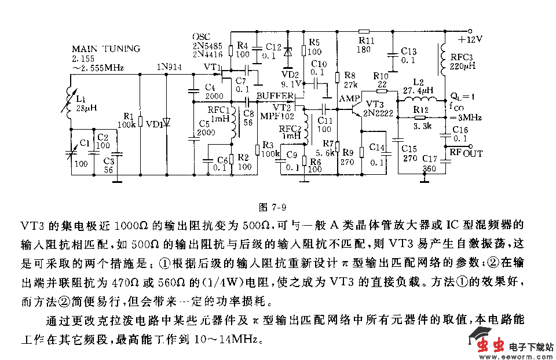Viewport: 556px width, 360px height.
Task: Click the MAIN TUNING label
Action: pyautogui.click(x=105, y=49)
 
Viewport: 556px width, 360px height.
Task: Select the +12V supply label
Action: pyautogui.click(x=470, y=39)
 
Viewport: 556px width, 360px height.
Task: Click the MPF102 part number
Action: pyautogui.click(x=275, y=116)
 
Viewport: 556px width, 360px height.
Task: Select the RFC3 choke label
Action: pyautogui.click(x=458, y=57)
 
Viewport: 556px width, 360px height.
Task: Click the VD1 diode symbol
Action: pyautogui.click(x=167, y=122)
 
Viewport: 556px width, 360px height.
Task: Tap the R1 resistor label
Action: pyautogui.click(x=129, y=115)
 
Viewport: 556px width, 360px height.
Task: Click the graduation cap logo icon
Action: pyautogui.click(x=480, y=334)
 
